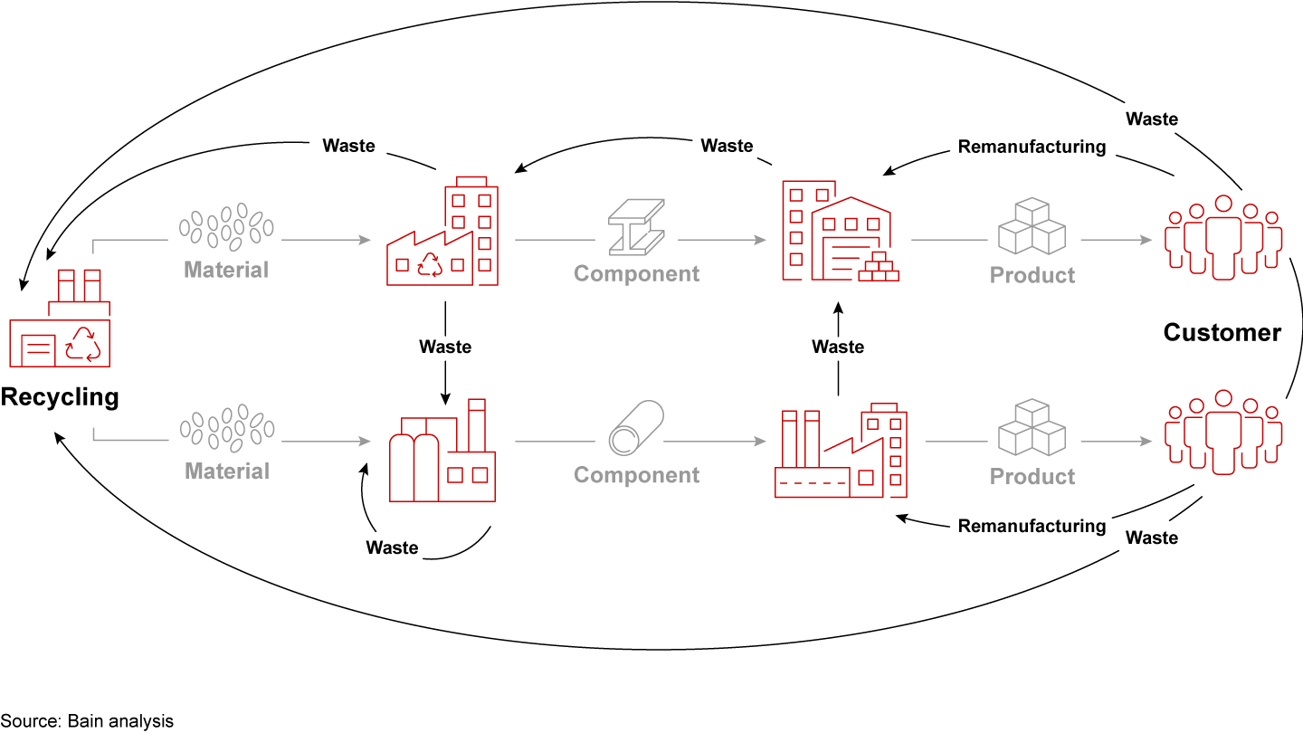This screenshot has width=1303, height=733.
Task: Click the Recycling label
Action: point(60,396)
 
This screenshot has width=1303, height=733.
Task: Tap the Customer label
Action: point(1222,333)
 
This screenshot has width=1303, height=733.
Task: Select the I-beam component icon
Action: point(636,226)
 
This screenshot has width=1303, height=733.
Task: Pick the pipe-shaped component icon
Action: point(636,428)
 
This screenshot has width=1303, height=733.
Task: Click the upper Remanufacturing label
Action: point(1032,146)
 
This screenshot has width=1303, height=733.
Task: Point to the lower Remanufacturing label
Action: point(1032,526)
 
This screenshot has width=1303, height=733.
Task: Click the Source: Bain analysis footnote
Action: point(87,721)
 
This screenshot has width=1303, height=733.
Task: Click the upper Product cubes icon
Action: point(1032,226)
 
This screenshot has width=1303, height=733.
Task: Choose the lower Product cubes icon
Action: point(1032,428)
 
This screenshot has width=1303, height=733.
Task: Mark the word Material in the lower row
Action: point(227,471)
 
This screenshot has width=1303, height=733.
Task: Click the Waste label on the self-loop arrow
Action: point(392,547)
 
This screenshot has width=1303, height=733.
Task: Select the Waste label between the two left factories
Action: point(445,347)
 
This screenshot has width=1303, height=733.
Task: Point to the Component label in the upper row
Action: point(636,274)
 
